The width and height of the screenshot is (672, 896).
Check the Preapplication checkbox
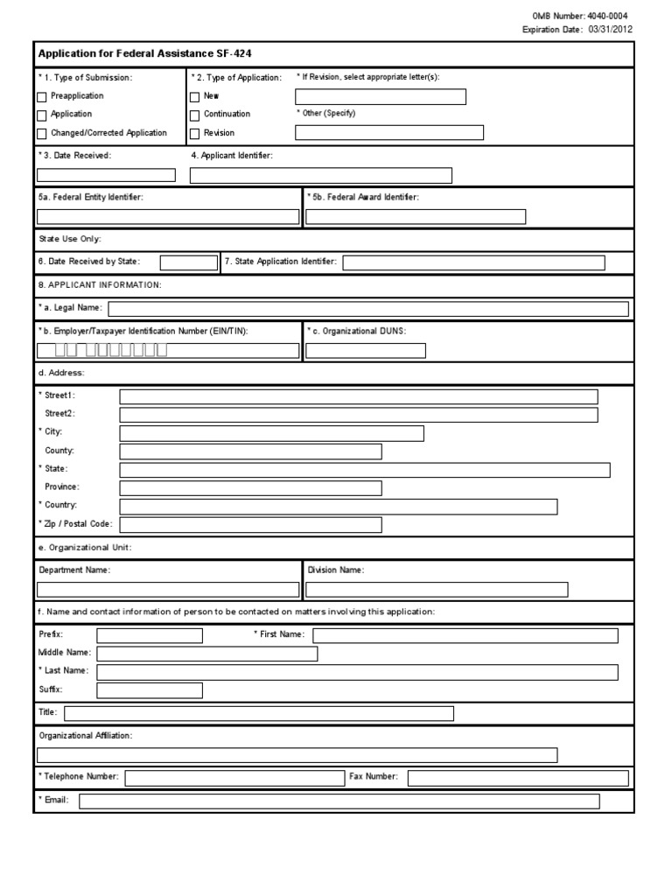(42, 96)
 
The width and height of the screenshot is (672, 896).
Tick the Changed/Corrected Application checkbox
(42, 134)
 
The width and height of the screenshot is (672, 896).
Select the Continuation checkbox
(194, 115)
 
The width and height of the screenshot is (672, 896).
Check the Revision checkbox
(194, 134)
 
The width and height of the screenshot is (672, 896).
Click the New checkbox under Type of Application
(194, 96)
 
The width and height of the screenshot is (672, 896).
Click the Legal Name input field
(367, 308)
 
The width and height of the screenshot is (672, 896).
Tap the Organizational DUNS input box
(366, 351)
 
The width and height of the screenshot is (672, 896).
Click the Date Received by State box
(189, 262)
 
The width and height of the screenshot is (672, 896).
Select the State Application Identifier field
(473, 262)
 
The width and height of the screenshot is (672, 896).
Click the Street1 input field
(359, 396)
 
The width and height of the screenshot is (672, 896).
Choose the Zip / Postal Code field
(250, 525)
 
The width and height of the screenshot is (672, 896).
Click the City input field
(271, 433)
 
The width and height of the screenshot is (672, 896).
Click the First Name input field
(465, 635)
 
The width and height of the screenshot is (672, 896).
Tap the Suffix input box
(150, 690)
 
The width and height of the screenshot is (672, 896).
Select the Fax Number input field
(518, 778)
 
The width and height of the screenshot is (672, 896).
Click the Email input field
(339, 801)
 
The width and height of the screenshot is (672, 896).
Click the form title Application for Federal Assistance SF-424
(144, 53)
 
